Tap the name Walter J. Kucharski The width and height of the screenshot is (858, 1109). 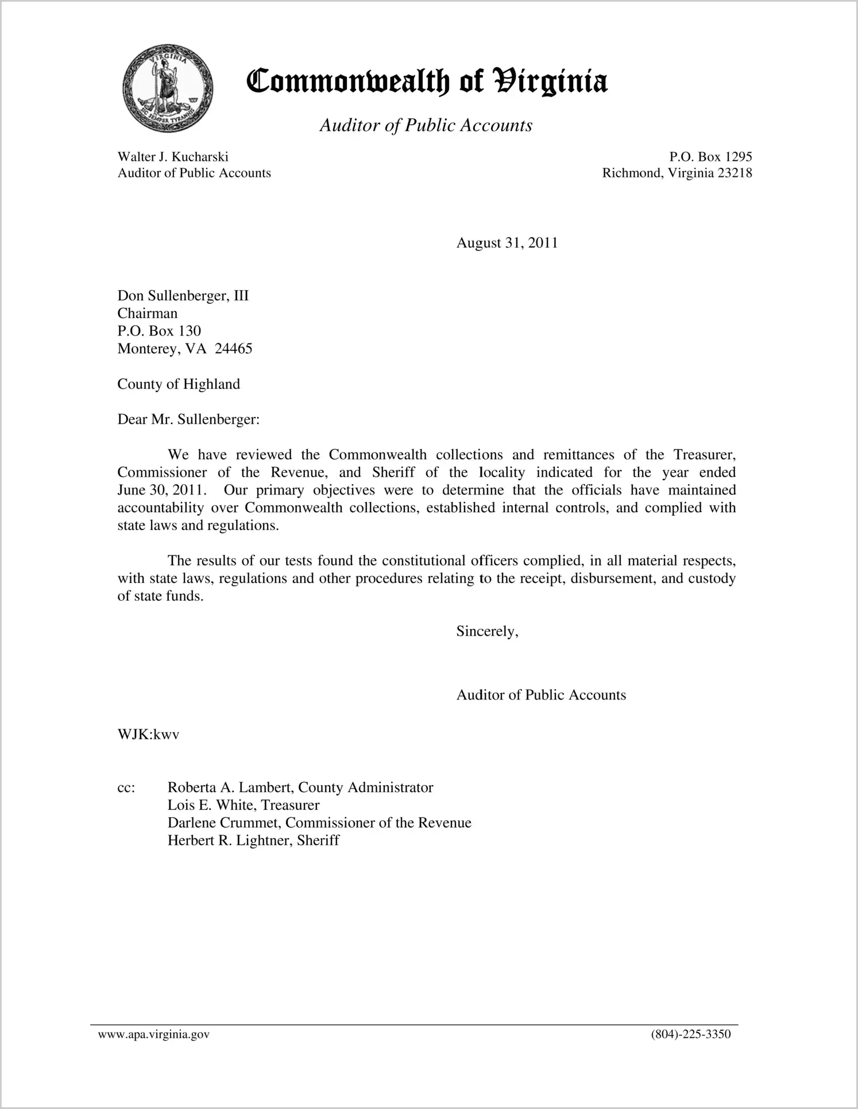click(x=173, y=157)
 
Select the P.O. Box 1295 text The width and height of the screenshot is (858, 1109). click(x=710, y=157)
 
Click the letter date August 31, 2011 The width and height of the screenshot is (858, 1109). click(x=507, y=243)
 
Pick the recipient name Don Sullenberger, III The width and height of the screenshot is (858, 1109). click(x=183, y=296)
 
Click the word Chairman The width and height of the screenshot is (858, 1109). click(x=148, y=314)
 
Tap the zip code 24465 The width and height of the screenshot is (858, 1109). click(x=233, y=349)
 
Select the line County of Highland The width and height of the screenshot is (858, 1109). click(x=179, y=384)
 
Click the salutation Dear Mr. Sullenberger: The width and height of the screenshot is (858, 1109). click(x=188, y=419)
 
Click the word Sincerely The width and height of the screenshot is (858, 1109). click(x=486, y=632)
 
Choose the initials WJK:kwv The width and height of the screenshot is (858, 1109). click(x=148, y=735)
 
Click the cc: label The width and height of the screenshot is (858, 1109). click(x=126, y=788)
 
